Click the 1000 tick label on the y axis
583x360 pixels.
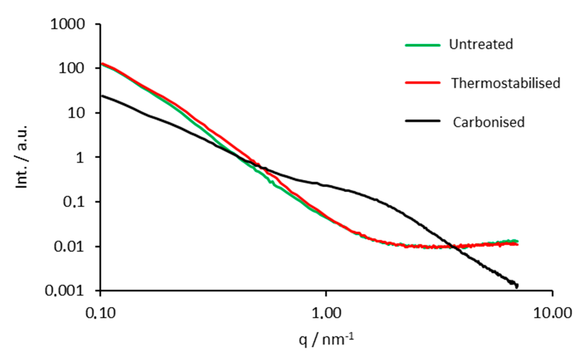[67, 25]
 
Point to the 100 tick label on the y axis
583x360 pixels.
[71, 69]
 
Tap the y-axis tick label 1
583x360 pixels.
[80, 157]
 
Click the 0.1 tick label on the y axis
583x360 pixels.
[73, 202]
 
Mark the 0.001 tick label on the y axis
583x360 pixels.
[64, 291]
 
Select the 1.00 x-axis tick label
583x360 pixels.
[326, 313]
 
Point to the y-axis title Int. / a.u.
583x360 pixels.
[22, 157]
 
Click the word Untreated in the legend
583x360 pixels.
[481, 44]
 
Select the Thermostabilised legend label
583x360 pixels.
[506, 83]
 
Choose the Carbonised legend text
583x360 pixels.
[489, 122]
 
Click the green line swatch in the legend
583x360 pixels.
[423, 45]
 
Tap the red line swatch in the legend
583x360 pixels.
[423, 83]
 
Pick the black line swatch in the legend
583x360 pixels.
[423, 121]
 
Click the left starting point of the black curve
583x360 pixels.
[102, 96]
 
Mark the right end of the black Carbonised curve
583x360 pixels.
[516, 286]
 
